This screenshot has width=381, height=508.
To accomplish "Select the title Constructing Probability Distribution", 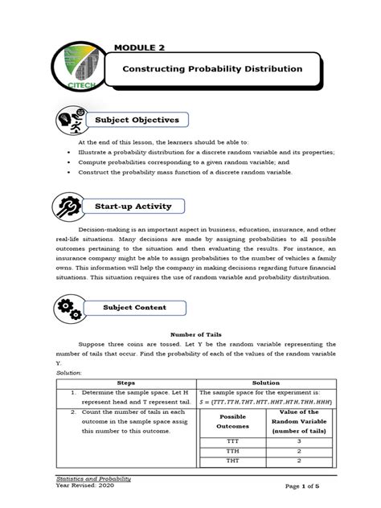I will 212,69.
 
